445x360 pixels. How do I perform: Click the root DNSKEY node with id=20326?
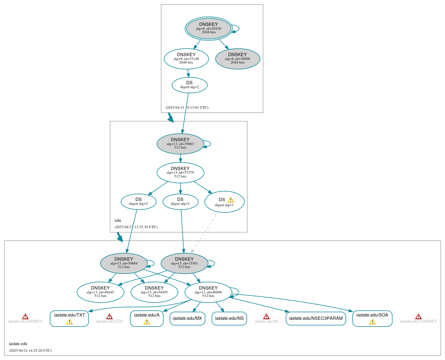[x=209, y=28]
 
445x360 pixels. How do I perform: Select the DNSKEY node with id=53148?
[x=186, y=59]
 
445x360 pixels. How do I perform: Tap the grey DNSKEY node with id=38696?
[x=237, y=59]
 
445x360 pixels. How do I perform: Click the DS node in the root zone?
[x=189, y=85]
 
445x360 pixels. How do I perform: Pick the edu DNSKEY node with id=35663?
[x=180, y=144]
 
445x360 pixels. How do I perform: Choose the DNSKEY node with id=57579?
[x=180, y=173]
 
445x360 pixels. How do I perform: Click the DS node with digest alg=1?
[x=224, y=202]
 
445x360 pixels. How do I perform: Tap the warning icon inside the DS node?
[x=231, y=200]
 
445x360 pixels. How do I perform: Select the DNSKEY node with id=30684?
[x=124, y=263]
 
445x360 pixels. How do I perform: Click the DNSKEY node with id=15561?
[x=184, y=263]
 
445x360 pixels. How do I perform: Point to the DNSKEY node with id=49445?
[x=100, y=292]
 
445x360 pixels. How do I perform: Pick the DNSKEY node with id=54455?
[x=154, y=292]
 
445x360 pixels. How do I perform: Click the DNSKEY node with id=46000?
[x=208, y=292]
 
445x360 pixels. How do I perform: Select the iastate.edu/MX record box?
[x=187, y=318]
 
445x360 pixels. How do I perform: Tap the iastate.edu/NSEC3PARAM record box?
[x=316, y=318]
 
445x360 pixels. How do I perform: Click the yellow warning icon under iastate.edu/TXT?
[x=69, y=322]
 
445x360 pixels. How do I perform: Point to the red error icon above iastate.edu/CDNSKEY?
[x=418, y=317]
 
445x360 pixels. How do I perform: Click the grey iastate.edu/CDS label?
[x=110, y=321]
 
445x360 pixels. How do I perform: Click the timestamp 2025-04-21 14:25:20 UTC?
[x=30, y=351]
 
